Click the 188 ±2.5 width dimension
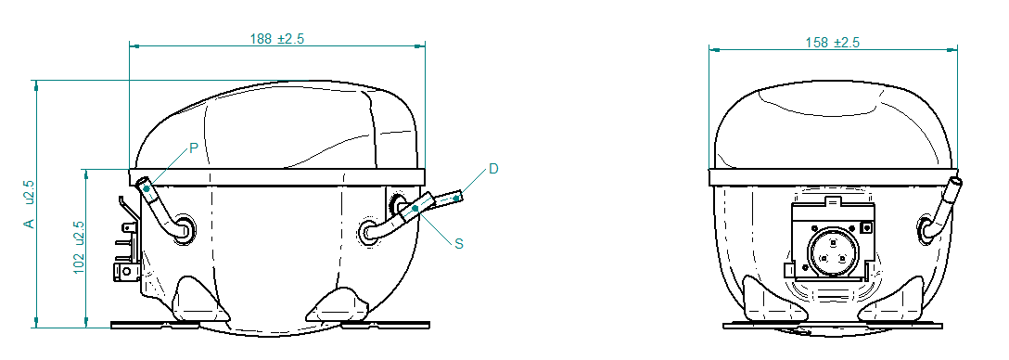click(276, 39)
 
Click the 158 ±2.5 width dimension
click(833, 43)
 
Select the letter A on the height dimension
click(29, 224)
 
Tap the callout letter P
click(193, 148)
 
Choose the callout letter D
click(493, 169)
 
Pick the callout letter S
click(459, 243)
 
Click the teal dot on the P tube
click(147, 188)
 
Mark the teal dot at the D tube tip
click(456, 199)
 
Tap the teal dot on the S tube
click(415, 208)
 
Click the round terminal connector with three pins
click(834, 251)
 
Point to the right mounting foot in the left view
click(338, 305)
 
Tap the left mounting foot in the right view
click(773, 300)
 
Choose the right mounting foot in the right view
click(893, 300)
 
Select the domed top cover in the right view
click(833, 126)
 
